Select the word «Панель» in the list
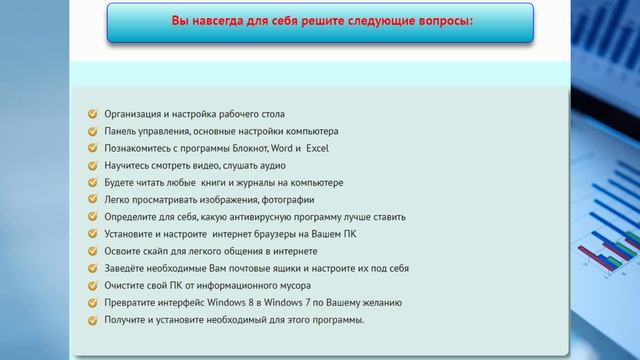(120, 131)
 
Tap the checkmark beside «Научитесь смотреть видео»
(93, 165)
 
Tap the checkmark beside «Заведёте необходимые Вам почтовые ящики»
(93, 268)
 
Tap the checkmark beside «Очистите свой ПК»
(93, 285)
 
